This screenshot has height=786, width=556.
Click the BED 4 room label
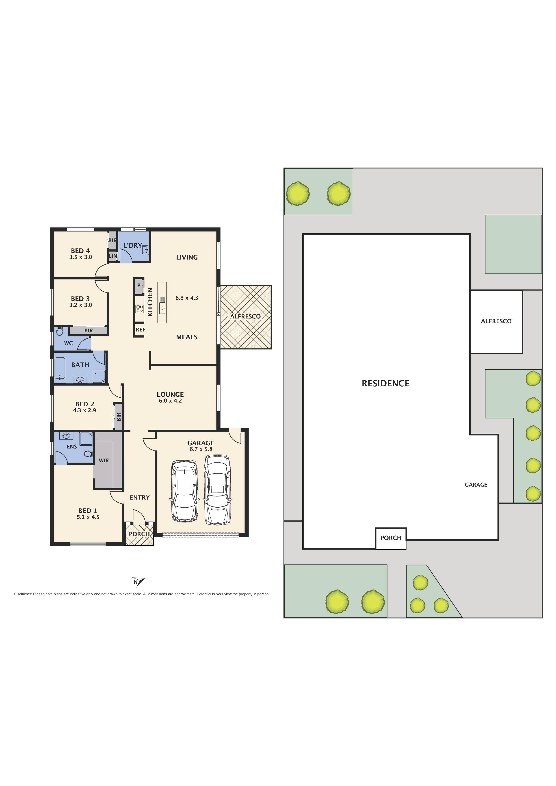[80, 251]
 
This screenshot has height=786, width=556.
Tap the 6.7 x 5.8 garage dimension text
[201, 449]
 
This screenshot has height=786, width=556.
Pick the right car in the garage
[217, 489]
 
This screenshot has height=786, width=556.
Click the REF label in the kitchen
[140, 330]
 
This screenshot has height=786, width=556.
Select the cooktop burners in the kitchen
[139, 309]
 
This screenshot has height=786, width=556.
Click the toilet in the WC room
[59, 331]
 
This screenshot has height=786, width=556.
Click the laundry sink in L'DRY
[145, 250]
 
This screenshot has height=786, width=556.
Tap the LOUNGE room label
[170, 394]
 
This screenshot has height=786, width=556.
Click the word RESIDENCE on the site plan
[385, 383]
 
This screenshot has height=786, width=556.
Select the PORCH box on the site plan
[391, 538]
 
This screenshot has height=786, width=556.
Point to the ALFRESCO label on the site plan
[496, 321]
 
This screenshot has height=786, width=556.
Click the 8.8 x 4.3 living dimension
[187, 298]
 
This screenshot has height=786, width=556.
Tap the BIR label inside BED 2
[119, 417]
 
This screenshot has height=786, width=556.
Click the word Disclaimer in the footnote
[23, 594]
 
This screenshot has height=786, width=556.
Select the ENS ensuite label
[71, 446]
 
